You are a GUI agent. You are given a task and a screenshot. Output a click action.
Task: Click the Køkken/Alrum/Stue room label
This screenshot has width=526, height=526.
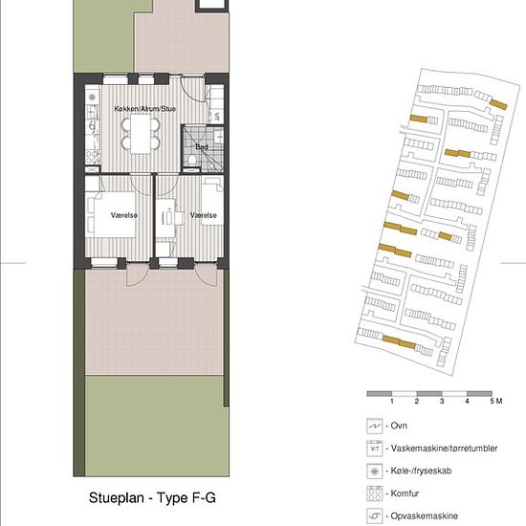coord(145,109)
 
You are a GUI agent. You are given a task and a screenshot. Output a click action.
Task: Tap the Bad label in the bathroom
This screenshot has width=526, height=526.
coord(202,146)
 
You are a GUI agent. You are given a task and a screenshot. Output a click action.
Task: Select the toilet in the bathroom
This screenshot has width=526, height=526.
coord(192,160)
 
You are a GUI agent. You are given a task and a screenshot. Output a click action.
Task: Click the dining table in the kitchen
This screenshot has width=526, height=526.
coord(141,134)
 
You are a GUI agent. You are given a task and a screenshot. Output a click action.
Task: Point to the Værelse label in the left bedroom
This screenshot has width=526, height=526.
coord(124,215)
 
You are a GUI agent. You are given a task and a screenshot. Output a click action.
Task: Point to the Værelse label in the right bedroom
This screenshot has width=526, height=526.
coord(204,215)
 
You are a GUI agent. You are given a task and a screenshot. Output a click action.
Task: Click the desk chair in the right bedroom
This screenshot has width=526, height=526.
coord(179,218)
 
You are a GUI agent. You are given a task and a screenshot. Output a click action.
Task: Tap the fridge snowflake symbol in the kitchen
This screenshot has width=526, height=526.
coord(92,98)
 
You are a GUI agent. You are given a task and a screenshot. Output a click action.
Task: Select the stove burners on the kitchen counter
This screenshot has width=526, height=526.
coord(92,158)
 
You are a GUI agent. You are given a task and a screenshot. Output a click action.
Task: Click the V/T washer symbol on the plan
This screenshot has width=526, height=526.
coord(217,117)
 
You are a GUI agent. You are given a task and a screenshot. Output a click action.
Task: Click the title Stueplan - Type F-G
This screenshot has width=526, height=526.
coord(152,497)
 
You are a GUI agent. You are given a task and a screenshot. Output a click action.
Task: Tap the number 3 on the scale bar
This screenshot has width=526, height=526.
coord(442,401)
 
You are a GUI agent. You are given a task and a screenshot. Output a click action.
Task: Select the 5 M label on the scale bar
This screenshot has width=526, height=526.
coord(496,401)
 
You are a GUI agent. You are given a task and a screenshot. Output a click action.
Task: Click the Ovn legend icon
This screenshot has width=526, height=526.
coord(374,427)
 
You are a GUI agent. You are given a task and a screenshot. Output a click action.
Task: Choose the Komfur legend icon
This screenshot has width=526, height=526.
coord(374,493)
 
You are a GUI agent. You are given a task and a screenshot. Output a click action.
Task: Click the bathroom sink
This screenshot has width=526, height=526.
coord(218,137)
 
